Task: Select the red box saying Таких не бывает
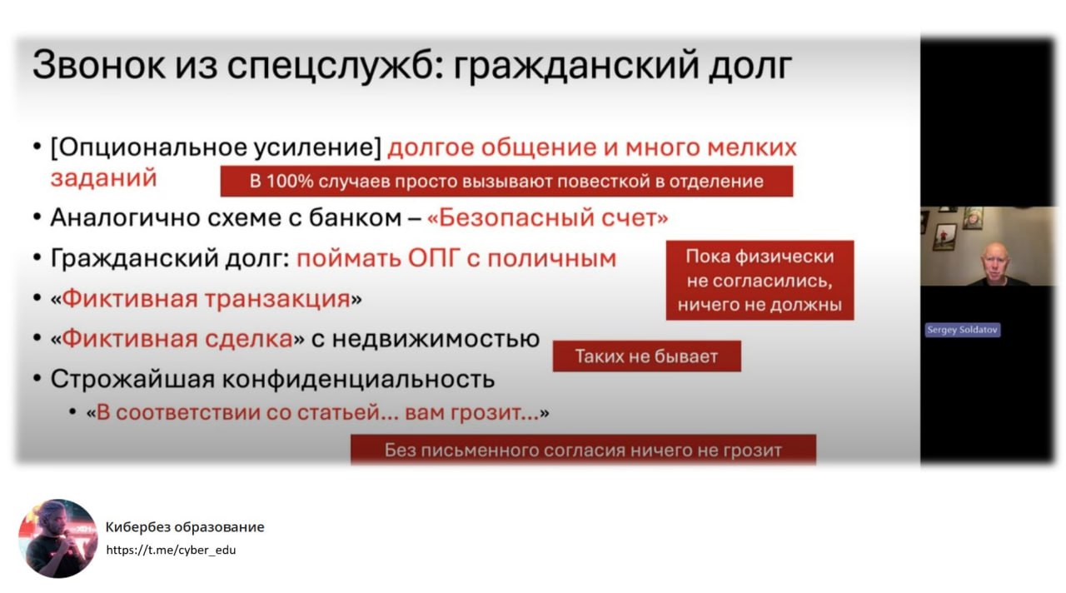pos(646,357)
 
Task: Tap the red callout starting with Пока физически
pos(760,281)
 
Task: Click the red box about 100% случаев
pos(506,182)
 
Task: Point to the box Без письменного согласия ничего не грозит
pos(583,451)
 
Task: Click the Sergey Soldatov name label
pos(963,330)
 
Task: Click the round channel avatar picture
pos(58,538)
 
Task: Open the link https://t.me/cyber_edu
pos(171,550)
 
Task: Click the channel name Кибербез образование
pos(185,527)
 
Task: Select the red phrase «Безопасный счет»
pos(547,218)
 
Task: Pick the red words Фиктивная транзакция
pos(206,298)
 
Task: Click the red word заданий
pos(103,178)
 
